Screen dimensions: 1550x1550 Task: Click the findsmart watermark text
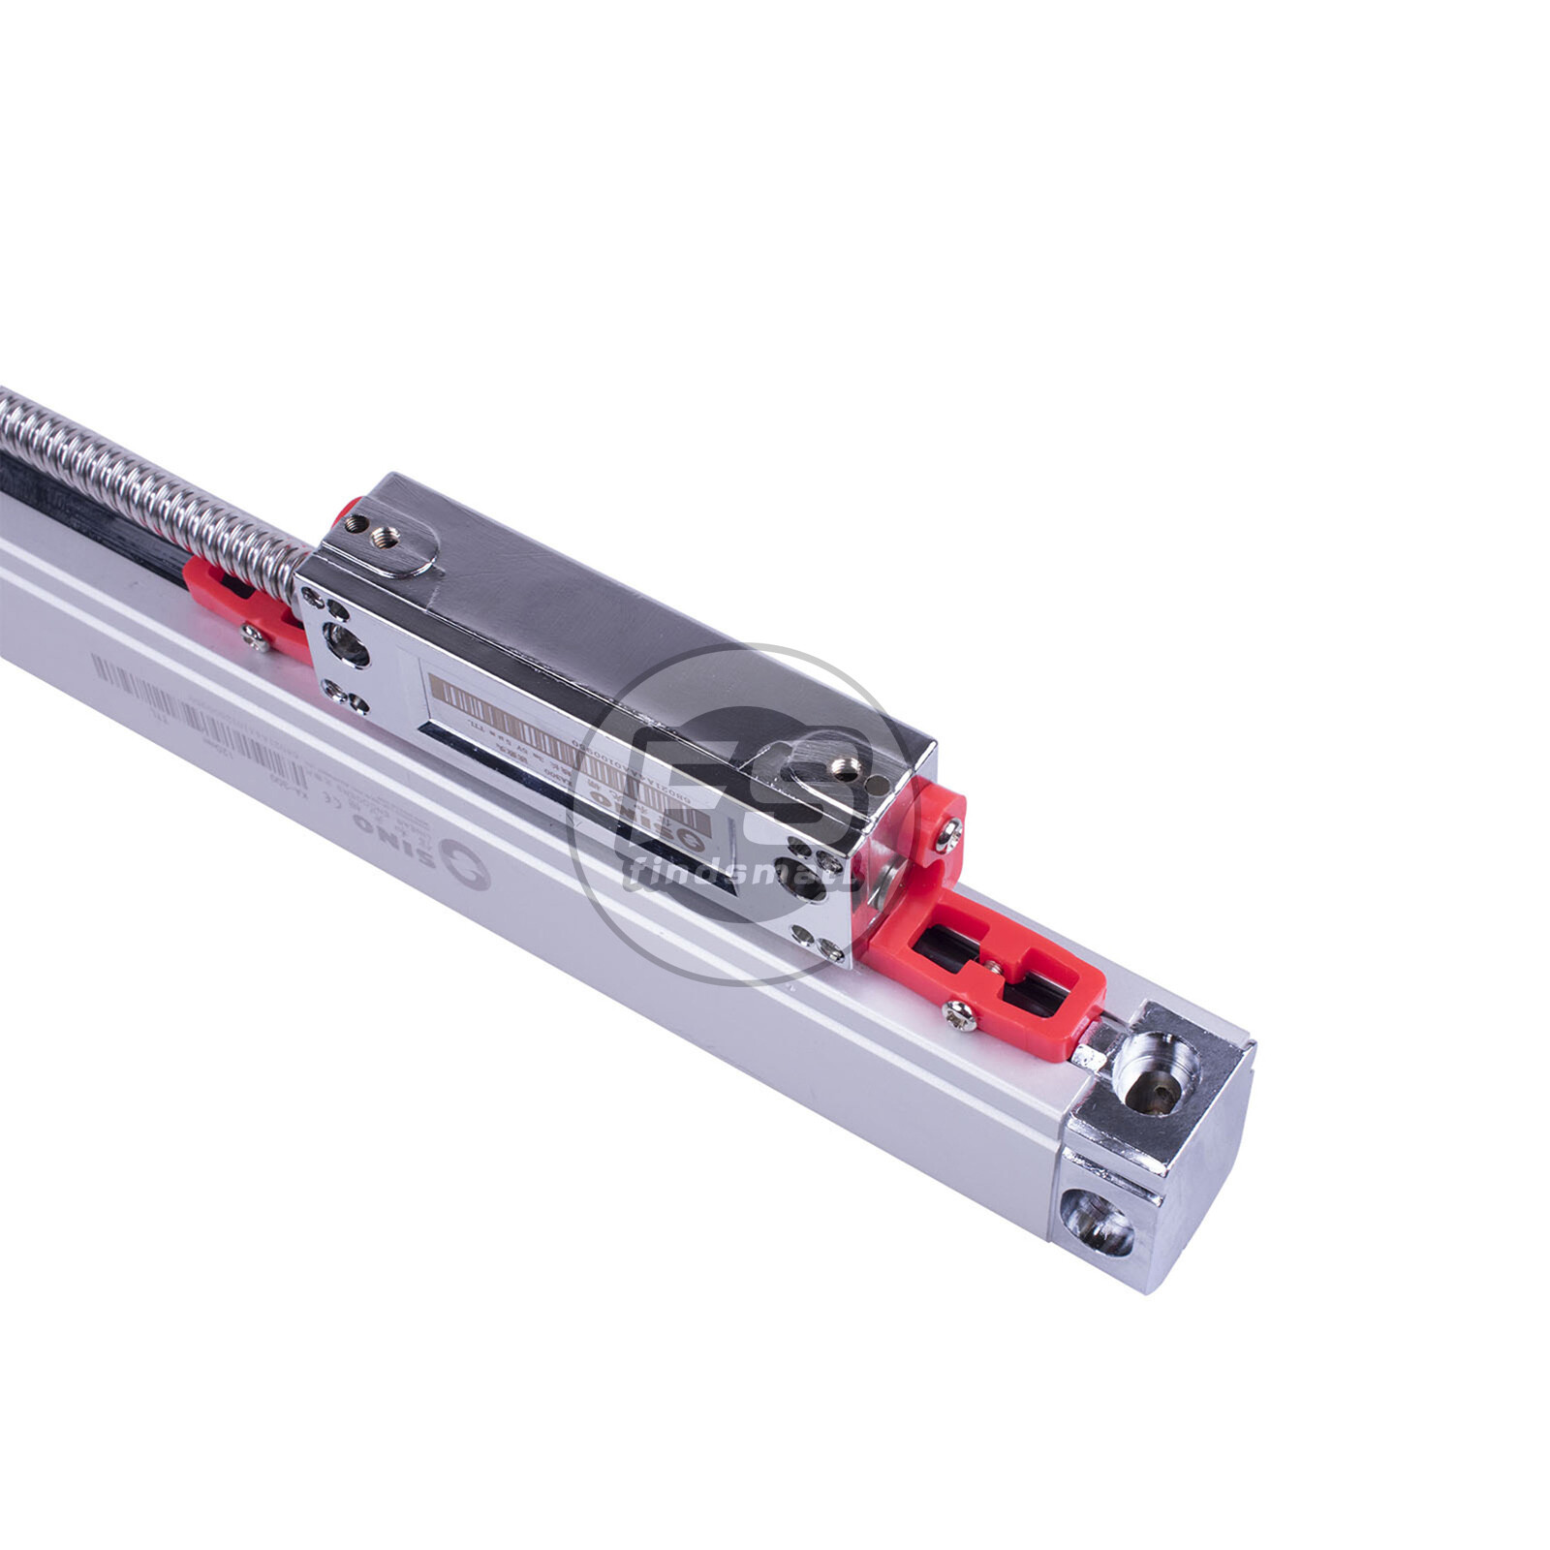(x=736, y=877)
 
